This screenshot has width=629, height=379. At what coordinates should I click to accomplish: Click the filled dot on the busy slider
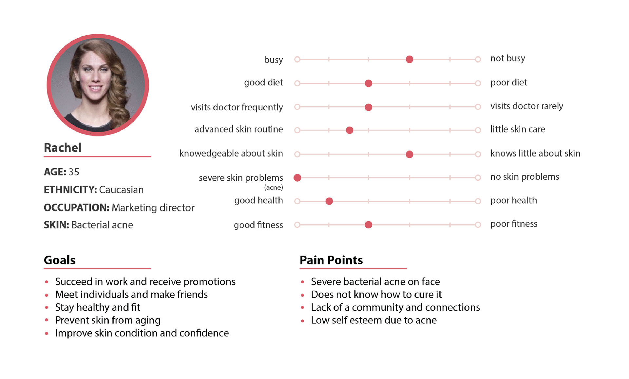409,59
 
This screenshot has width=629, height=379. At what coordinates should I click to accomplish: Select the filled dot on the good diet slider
368,83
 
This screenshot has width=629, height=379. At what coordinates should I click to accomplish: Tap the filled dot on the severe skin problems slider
297,178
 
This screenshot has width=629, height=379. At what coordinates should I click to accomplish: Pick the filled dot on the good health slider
329,201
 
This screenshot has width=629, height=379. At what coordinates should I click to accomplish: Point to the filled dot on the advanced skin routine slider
350,130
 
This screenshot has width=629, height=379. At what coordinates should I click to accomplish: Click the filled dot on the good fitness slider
368,225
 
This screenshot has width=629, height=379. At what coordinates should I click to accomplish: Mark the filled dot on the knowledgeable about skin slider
409,154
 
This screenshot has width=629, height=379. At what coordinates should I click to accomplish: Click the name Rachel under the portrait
63,148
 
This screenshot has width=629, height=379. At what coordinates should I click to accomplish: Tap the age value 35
74,172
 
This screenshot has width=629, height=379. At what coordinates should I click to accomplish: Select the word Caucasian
121,190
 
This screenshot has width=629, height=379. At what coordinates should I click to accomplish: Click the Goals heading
60,260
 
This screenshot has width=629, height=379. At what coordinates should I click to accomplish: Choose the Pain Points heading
331,260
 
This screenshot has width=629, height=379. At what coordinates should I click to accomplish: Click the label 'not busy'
508,59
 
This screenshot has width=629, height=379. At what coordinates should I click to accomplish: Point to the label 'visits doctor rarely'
527,106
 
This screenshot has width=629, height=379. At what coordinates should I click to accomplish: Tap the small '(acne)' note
274,188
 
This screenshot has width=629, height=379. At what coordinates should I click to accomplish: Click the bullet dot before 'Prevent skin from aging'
47,320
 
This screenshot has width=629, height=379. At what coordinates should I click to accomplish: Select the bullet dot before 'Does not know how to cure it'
303,295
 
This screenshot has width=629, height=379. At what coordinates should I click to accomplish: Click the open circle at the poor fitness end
478,225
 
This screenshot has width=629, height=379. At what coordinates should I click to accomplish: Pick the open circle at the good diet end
297,83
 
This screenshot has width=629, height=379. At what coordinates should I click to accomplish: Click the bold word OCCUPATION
76,208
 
